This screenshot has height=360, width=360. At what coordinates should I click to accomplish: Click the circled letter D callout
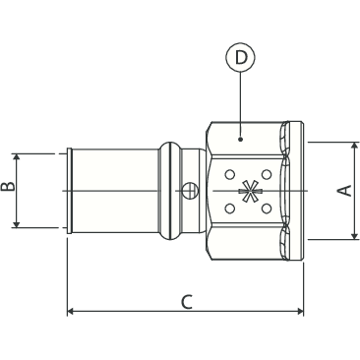pyautogui.click(x=240, y=57)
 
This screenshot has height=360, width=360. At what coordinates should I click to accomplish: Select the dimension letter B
pyautogui.click(x=8, y=186)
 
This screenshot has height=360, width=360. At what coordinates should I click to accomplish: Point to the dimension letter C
pyautogui.click(x=187, y=302)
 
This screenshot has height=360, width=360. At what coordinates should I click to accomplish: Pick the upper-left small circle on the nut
pyautogui.click(x=230, y=174)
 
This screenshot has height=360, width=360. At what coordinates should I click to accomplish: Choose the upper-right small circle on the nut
pyautogui.click(x=268, y=174)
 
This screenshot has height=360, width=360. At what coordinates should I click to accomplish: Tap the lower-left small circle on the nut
pyautogui.click(x=230, y=209)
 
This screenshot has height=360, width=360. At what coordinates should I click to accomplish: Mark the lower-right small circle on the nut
pyautogui.click(x=268, y=209)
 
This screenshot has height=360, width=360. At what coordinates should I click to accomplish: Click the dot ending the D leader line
pyautogui.click(x=240, y=140)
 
